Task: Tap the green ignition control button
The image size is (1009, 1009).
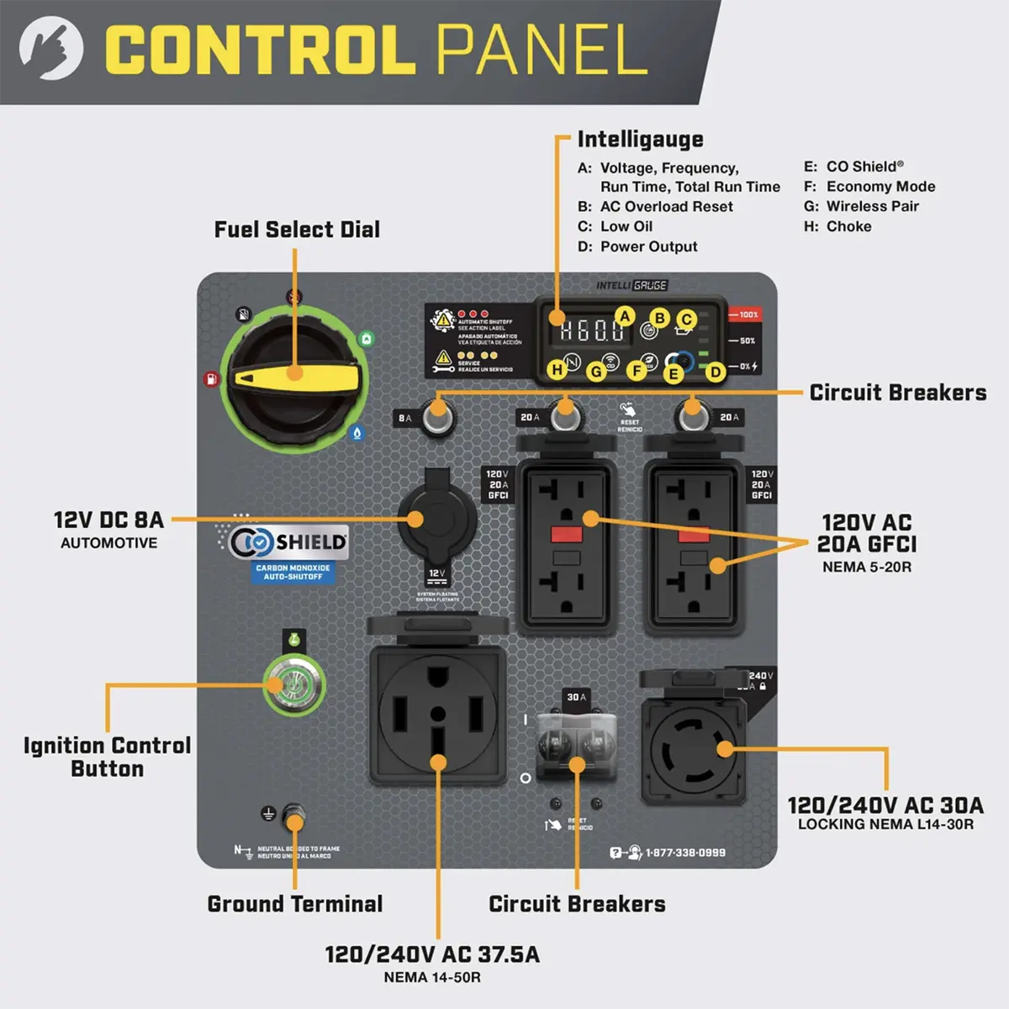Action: pyautogui.click(x=293, y=685)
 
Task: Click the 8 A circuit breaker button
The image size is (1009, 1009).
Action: pyautogui.click(x=436, y=415)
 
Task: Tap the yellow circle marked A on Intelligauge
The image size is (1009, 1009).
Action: pyautogui.click(x=625, y=316)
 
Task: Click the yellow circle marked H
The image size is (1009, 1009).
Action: pyautogui.click(x=557, y=369)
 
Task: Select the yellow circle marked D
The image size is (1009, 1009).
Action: pyautogui.click(x=715, y=372)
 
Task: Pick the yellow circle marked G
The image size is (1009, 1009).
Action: pyautogui.click(x=596, y=370)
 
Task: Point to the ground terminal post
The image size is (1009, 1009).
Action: pyautogui.click(x=294, y=816)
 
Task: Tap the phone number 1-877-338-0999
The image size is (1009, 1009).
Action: pyautogui.click(x=684, y=853)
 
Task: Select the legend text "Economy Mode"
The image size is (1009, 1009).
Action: pyautogui.click(x=880, y=187)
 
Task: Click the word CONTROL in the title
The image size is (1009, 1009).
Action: pyautogui.click(x=261, y=50)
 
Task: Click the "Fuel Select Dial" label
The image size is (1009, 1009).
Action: pyautogui.click(x=297, y=230)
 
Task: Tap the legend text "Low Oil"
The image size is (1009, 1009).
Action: pyautogui.click(x=626, y=226)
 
